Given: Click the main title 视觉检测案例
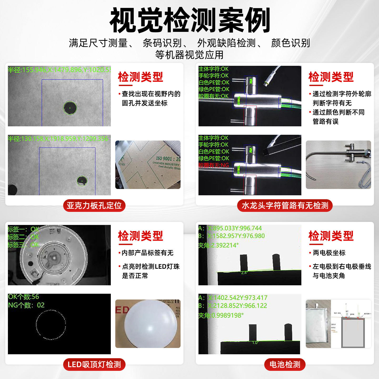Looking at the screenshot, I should tap(190, 20).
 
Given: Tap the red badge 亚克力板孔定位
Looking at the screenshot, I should tap(94, 206).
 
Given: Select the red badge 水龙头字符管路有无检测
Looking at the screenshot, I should tap(285, 206).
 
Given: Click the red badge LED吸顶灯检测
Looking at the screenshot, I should tap(94, 365).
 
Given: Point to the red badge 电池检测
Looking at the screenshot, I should tap(285, 365).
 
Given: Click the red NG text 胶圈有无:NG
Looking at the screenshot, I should tap(214, 165).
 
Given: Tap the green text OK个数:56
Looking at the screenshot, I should tap(23, 297).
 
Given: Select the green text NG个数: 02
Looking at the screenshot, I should tap(26, 305).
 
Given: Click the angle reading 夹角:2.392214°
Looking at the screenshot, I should tap(218, 245).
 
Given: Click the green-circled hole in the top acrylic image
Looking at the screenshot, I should tap(70, 108).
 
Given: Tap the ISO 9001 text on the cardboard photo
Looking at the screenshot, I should tap(168, 159).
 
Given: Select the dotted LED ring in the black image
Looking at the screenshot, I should tap(51, 325).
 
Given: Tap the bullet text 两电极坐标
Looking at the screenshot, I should tap(329, 253).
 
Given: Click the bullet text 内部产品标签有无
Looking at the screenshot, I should tap(147, 253).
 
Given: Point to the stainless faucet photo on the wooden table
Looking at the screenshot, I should tap(338, 164).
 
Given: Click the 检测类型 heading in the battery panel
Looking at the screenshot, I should tap(331, 236).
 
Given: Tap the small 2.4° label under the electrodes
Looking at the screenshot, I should tap(244, 273).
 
